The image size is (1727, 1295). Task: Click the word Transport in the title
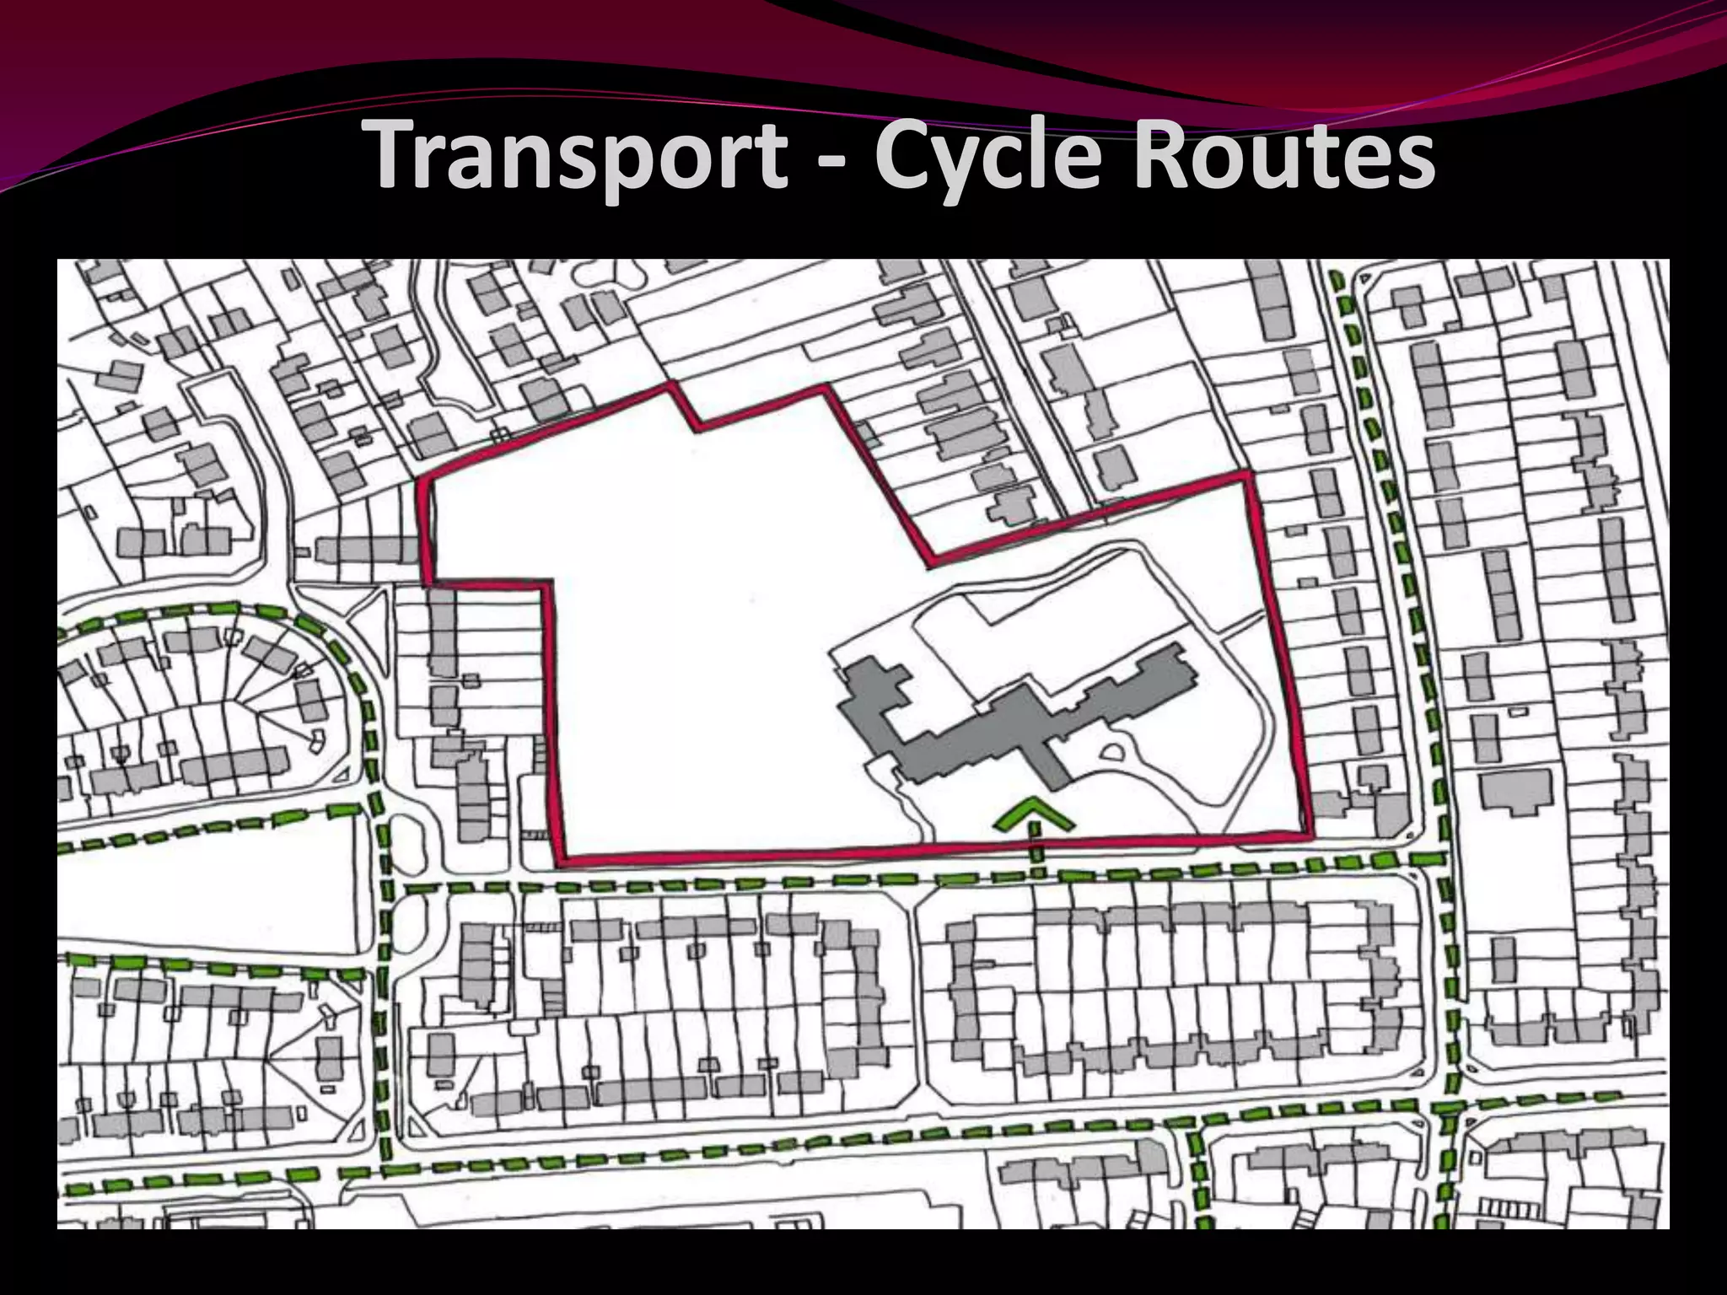tap(578, 156)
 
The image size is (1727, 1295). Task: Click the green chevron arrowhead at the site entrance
tap(1035, 814)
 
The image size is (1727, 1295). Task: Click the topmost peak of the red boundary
tap(671, 387)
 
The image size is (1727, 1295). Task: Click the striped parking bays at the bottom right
tap(1509, 1210)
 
